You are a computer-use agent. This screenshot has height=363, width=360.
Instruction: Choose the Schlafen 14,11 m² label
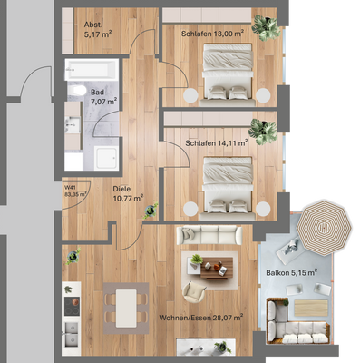click(216, 142)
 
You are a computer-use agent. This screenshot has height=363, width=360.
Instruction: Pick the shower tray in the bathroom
click(102, 154)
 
